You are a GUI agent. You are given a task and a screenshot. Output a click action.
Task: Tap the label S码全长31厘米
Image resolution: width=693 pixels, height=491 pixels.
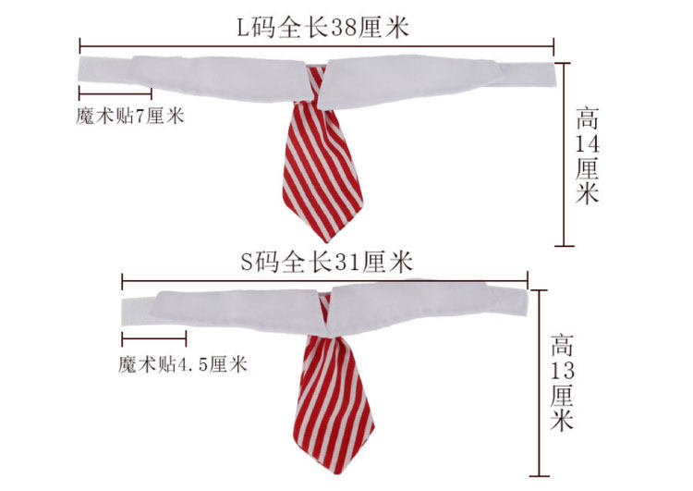324,263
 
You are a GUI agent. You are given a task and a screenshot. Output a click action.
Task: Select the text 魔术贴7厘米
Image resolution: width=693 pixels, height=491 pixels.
131,117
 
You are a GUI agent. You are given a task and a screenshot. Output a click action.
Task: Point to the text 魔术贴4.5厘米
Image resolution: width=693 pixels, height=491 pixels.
184,364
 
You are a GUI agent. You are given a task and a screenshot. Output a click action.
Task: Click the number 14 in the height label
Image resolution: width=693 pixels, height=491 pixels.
587,145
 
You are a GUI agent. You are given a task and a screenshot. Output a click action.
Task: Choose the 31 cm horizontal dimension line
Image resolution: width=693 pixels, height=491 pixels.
324,278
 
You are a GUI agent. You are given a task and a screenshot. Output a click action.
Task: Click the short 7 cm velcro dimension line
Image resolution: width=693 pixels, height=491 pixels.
115,92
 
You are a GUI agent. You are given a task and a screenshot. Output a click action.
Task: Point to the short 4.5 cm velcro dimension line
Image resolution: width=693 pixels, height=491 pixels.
153,338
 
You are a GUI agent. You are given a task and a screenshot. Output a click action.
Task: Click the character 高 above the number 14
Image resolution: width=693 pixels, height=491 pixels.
588,119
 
